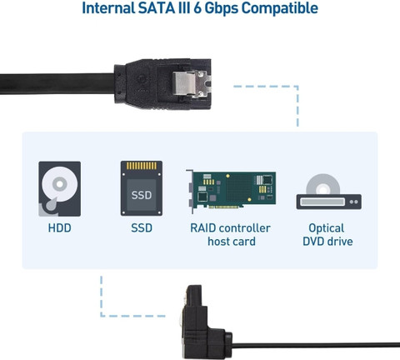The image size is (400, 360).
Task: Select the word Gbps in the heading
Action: click(221, 8)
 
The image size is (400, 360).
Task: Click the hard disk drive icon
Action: click(60, 189)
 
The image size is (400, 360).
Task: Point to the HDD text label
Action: click(60, 228)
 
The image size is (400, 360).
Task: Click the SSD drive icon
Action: click(142, 188)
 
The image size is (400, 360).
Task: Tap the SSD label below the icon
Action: click(142, 228)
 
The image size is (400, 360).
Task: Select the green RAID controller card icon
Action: click(231, 191)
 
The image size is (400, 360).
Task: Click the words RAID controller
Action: click(230, 228)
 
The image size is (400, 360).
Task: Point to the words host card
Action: click(232, 242)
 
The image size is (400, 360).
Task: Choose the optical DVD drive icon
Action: click(329, 192)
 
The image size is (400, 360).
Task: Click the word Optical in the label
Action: click(327, 228)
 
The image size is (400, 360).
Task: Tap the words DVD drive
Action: click(327, 242)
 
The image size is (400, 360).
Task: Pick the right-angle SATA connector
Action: click(206, 322)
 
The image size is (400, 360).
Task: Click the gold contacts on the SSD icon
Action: click(142, 166)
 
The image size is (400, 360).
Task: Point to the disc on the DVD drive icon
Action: click(323, 184)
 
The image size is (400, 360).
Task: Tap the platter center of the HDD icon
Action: click(60, 184)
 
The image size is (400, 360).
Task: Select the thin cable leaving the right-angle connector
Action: click(316, 345)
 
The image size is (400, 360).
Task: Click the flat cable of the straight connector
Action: click(57, 83)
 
